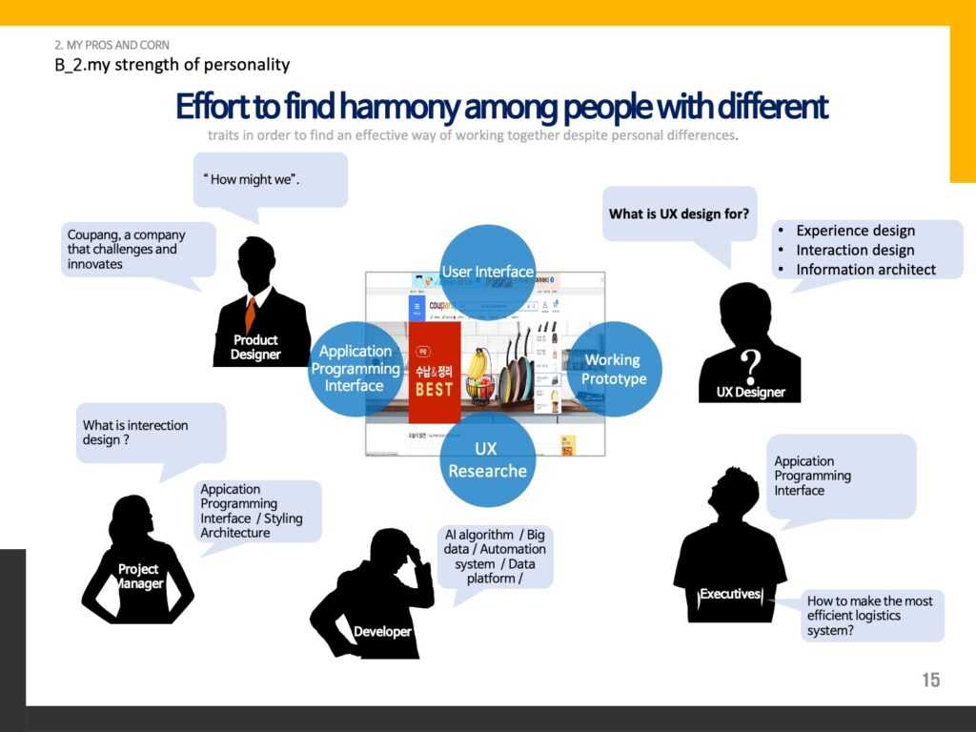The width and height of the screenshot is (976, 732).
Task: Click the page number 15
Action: (x=930, y=680)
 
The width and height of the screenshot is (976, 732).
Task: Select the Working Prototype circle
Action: (x=615, y=369)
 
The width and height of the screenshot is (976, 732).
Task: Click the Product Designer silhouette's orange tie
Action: (x=251, y=313)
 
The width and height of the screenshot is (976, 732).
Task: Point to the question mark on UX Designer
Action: (x=751, y=363)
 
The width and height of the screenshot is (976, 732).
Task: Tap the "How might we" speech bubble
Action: (x=270, y=179)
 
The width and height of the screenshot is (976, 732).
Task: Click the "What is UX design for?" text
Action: (x=680, y=213)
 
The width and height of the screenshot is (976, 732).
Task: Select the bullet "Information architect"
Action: (x=865, y=269)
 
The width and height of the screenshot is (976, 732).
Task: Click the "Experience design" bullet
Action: (x=855, y=231)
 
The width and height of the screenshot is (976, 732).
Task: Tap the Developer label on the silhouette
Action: (x=382, y=631)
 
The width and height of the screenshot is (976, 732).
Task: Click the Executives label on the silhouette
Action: (x=730, y=594)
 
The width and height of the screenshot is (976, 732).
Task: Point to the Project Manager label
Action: (x=139, y=576)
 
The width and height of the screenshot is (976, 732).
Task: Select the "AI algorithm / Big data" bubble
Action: (x=495, y=556)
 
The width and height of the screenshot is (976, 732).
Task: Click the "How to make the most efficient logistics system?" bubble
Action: (x=870, y=616)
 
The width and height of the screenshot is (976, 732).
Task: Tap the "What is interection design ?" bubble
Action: (x=150, y=433)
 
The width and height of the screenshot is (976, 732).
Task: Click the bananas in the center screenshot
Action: (x=478, y=363)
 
